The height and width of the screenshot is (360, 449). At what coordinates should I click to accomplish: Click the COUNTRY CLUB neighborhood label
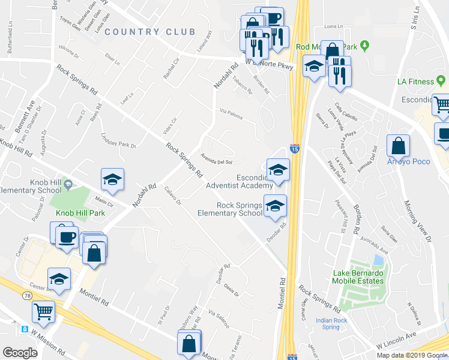click(x=149, y=32)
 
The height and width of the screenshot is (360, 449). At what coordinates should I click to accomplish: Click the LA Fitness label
click(x=415, y=82)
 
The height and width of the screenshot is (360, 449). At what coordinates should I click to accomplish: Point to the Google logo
click(x=20, y=353)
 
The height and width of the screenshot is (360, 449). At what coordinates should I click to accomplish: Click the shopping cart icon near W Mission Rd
click(x=44, y=311)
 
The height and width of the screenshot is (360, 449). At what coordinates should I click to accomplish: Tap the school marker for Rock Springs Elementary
click(x=276, y=206)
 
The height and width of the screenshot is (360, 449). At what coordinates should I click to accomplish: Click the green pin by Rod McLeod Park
click(x=372, y=46)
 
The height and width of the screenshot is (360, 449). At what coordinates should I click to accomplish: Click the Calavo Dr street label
click(x=172, y=196)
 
